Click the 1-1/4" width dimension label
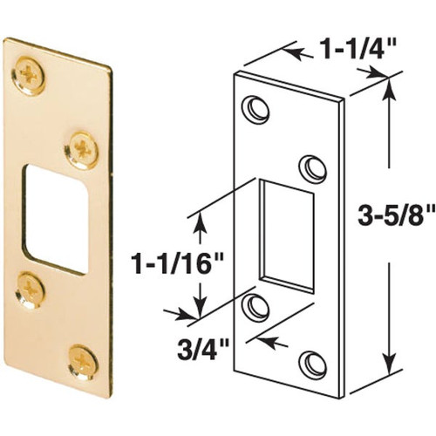click(x=356, y=50)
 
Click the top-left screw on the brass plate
click(x=28, y=76)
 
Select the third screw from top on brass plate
click(x=30, y=290)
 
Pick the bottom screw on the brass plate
click(x=83, y=362)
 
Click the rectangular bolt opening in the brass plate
click(x=56, y=219)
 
